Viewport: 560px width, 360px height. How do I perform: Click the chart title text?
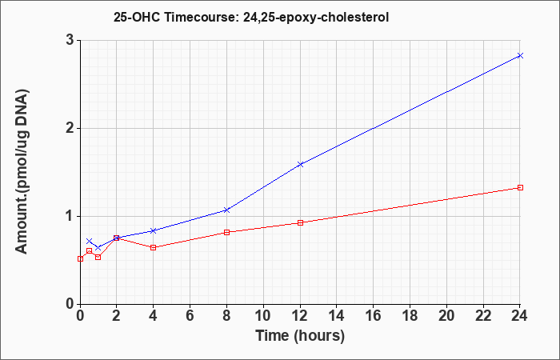[251, 17]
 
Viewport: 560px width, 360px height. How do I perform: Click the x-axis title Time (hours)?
[300, 336]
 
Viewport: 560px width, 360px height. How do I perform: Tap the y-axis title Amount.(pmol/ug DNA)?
[22, 172]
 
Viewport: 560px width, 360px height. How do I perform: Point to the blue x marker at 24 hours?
[520, 55]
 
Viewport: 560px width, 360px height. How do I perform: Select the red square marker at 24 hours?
[520, 187]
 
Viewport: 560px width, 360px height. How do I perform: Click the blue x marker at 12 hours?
[300, 164]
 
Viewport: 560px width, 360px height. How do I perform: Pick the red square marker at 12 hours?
[300, 223]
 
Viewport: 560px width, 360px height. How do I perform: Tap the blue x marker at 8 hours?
[226, 210]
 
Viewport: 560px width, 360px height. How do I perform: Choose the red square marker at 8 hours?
[226, 232]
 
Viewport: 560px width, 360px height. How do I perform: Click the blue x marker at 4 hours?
[154, 230]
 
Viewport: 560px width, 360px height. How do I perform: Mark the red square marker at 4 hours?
[154, 247]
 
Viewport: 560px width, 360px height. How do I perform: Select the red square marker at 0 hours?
[80, 259]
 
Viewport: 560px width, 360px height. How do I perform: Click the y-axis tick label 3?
[70, 40]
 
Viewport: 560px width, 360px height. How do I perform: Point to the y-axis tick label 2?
[70, 129]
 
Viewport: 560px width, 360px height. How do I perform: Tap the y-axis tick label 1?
[70, 217]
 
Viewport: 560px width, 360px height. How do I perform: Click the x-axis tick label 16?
[374, 316]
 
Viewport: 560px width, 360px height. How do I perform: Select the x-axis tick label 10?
[263, 316]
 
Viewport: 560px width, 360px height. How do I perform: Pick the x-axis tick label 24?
[520, 316]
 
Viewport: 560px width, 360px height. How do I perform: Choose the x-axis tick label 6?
[190, 316]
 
